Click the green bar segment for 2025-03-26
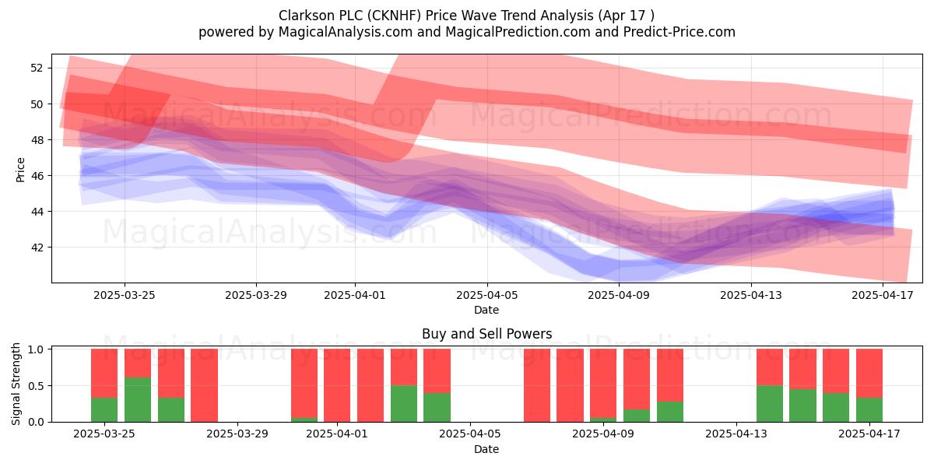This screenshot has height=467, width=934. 138,399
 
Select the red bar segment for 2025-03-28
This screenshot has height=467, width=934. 204,385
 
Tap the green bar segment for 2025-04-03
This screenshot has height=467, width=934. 404,404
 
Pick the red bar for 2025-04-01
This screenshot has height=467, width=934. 337,385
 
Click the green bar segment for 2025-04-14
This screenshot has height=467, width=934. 770,404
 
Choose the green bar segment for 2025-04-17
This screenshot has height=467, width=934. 869,410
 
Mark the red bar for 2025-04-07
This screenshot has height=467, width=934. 537,385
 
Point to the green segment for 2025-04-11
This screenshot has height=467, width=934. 670,412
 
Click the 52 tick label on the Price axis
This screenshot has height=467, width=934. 37,68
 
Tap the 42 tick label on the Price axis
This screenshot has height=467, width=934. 37,248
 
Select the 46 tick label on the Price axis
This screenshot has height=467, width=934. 37,176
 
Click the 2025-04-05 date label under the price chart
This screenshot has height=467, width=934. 487,295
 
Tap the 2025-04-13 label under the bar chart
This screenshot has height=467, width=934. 736,434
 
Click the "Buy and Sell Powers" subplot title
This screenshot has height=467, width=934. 486,334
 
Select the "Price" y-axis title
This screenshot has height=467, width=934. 20,170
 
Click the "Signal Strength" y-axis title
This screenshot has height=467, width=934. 16,384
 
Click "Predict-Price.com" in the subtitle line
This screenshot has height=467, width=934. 679,32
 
